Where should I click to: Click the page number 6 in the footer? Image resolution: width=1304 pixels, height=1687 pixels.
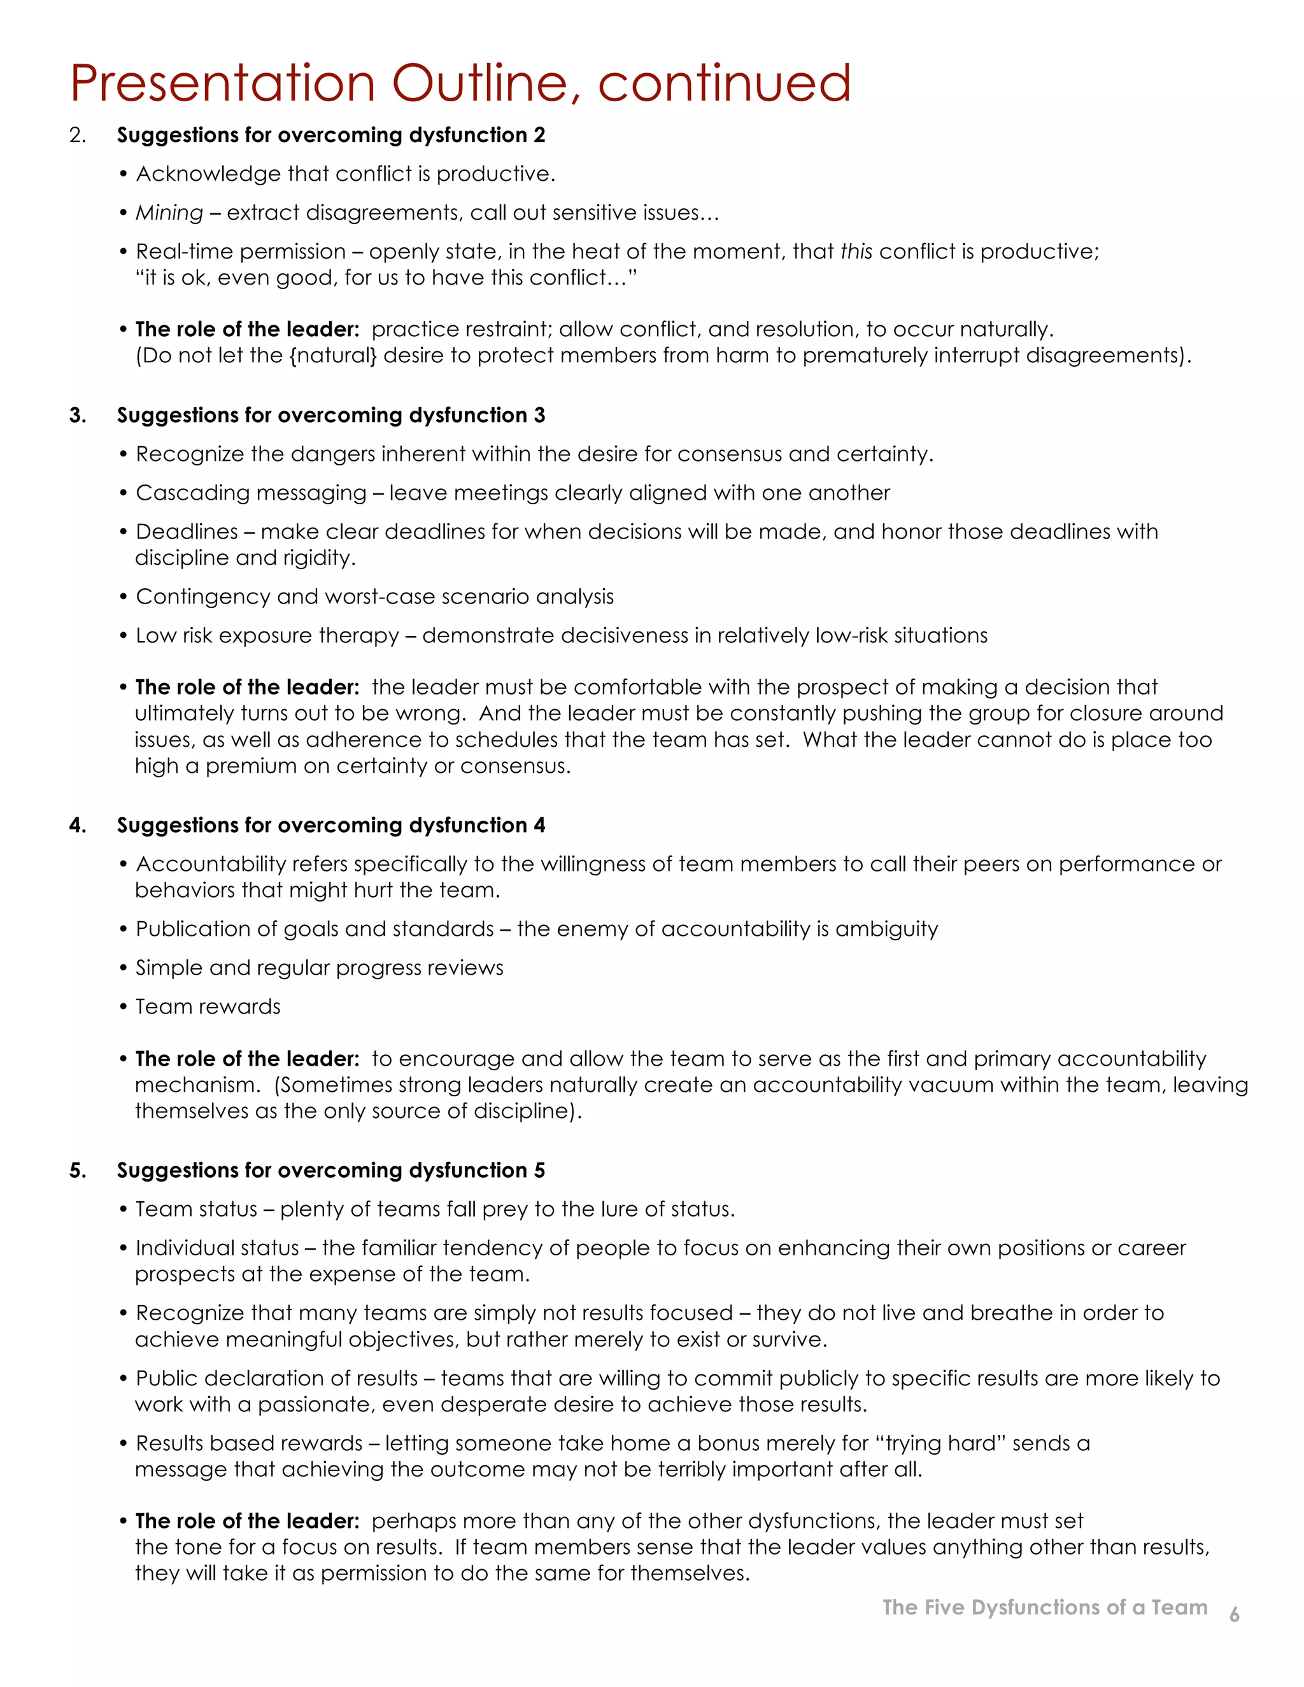1234,1614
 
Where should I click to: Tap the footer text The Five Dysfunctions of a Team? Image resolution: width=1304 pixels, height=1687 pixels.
1044,1607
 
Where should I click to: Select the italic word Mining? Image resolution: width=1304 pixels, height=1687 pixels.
169,213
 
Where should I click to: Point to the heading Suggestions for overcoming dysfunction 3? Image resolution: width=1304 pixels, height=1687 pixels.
330,416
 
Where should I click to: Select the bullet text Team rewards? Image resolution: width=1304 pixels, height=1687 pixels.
208,1006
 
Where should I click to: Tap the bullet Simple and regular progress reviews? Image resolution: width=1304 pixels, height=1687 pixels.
319,968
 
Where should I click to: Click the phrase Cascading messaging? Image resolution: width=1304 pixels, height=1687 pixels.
250,493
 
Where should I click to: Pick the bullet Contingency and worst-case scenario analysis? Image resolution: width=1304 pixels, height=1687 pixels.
374,596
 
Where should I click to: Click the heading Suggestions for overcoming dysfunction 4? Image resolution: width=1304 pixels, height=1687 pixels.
330,825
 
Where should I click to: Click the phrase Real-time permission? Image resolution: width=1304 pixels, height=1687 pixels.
240,252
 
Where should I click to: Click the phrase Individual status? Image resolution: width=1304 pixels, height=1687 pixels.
217,1248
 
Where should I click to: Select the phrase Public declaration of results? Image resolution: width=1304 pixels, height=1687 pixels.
276,1378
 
